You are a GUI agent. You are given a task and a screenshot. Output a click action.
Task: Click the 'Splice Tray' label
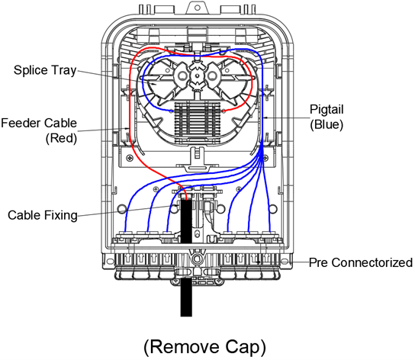point(45,71)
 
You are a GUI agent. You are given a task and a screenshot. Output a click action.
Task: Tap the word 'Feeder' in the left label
point(21,123)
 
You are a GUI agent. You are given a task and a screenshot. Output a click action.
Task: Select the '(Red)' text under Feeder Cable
point(61,138)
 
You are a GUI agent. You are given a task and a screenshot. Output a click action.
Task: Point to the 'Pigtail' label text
point(327,110)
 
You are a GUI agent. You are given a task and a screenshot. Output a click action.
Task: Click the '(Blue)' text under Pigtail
point(327,124)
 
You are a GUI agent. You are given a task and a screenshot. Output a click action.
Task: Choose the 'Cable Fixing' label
point(43,215)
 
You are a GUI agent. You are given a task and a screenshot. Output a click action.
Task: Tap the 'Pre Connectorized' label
point(361,262)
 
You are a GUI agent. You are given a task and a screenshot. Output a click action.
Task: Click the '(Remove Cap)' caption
point(205,347)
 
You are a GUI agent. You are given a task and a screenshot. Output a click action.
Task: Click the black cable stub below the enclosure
point(186,297)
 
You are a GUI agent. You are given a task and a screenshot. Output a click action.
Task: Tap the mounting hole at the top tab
point(197,8)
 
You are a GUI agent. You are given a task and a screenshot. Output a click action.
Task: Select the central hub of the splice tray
point(197,76)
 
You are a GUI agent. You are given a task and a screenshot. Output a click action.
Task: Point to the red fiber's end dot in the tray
point(224,111)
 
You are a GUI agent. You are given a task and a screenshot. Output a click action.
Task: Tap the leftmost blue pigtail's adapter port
point(125,235)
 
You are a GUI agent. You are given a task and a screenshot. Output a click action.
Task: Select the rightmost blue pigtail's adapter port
point(269,235)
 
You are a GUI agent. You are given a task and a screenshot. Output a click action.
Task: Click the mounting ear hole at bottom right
point(284,262)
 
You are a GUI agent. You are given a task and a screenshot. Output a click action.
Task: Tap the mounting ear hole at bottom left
point(110,262)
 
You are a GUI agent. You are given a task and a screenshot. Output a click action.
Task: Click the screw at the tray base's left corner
point(129,157)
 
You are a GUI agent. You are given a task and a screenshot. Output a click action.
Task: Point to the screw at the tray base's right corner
point(265,159)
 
